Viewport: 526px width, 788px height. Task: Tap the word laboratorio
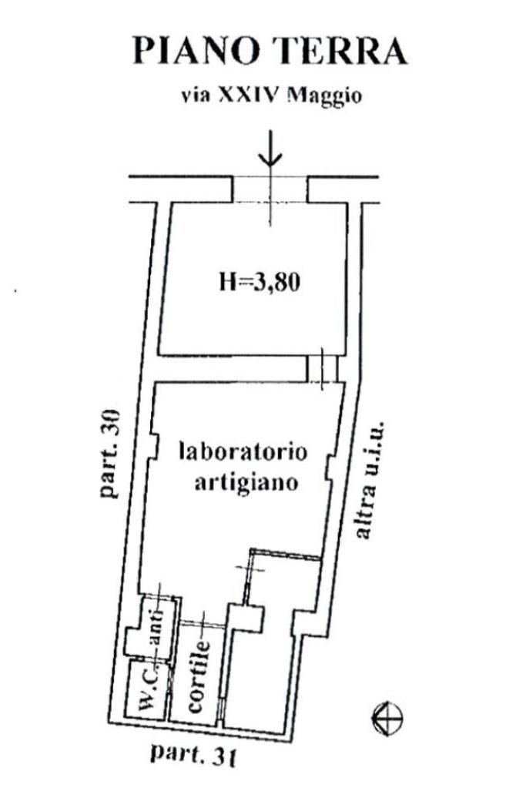point(242,452)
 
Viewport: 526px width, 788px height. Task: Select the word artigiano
point(242,485)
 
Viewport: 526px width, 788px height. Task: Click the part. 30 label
point(110,450)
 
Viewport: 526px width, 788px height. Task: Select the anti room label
point(159,625)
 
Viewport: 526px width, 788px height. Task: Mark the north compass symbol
point(387,719)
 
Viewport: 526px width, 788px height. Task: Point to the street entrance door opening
point(270,189)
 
